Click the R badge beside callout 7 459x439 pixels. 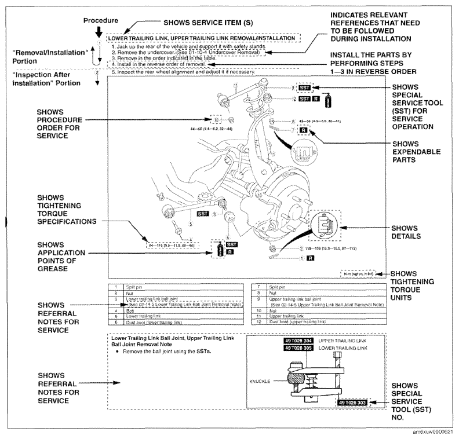tap(303, 131)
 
